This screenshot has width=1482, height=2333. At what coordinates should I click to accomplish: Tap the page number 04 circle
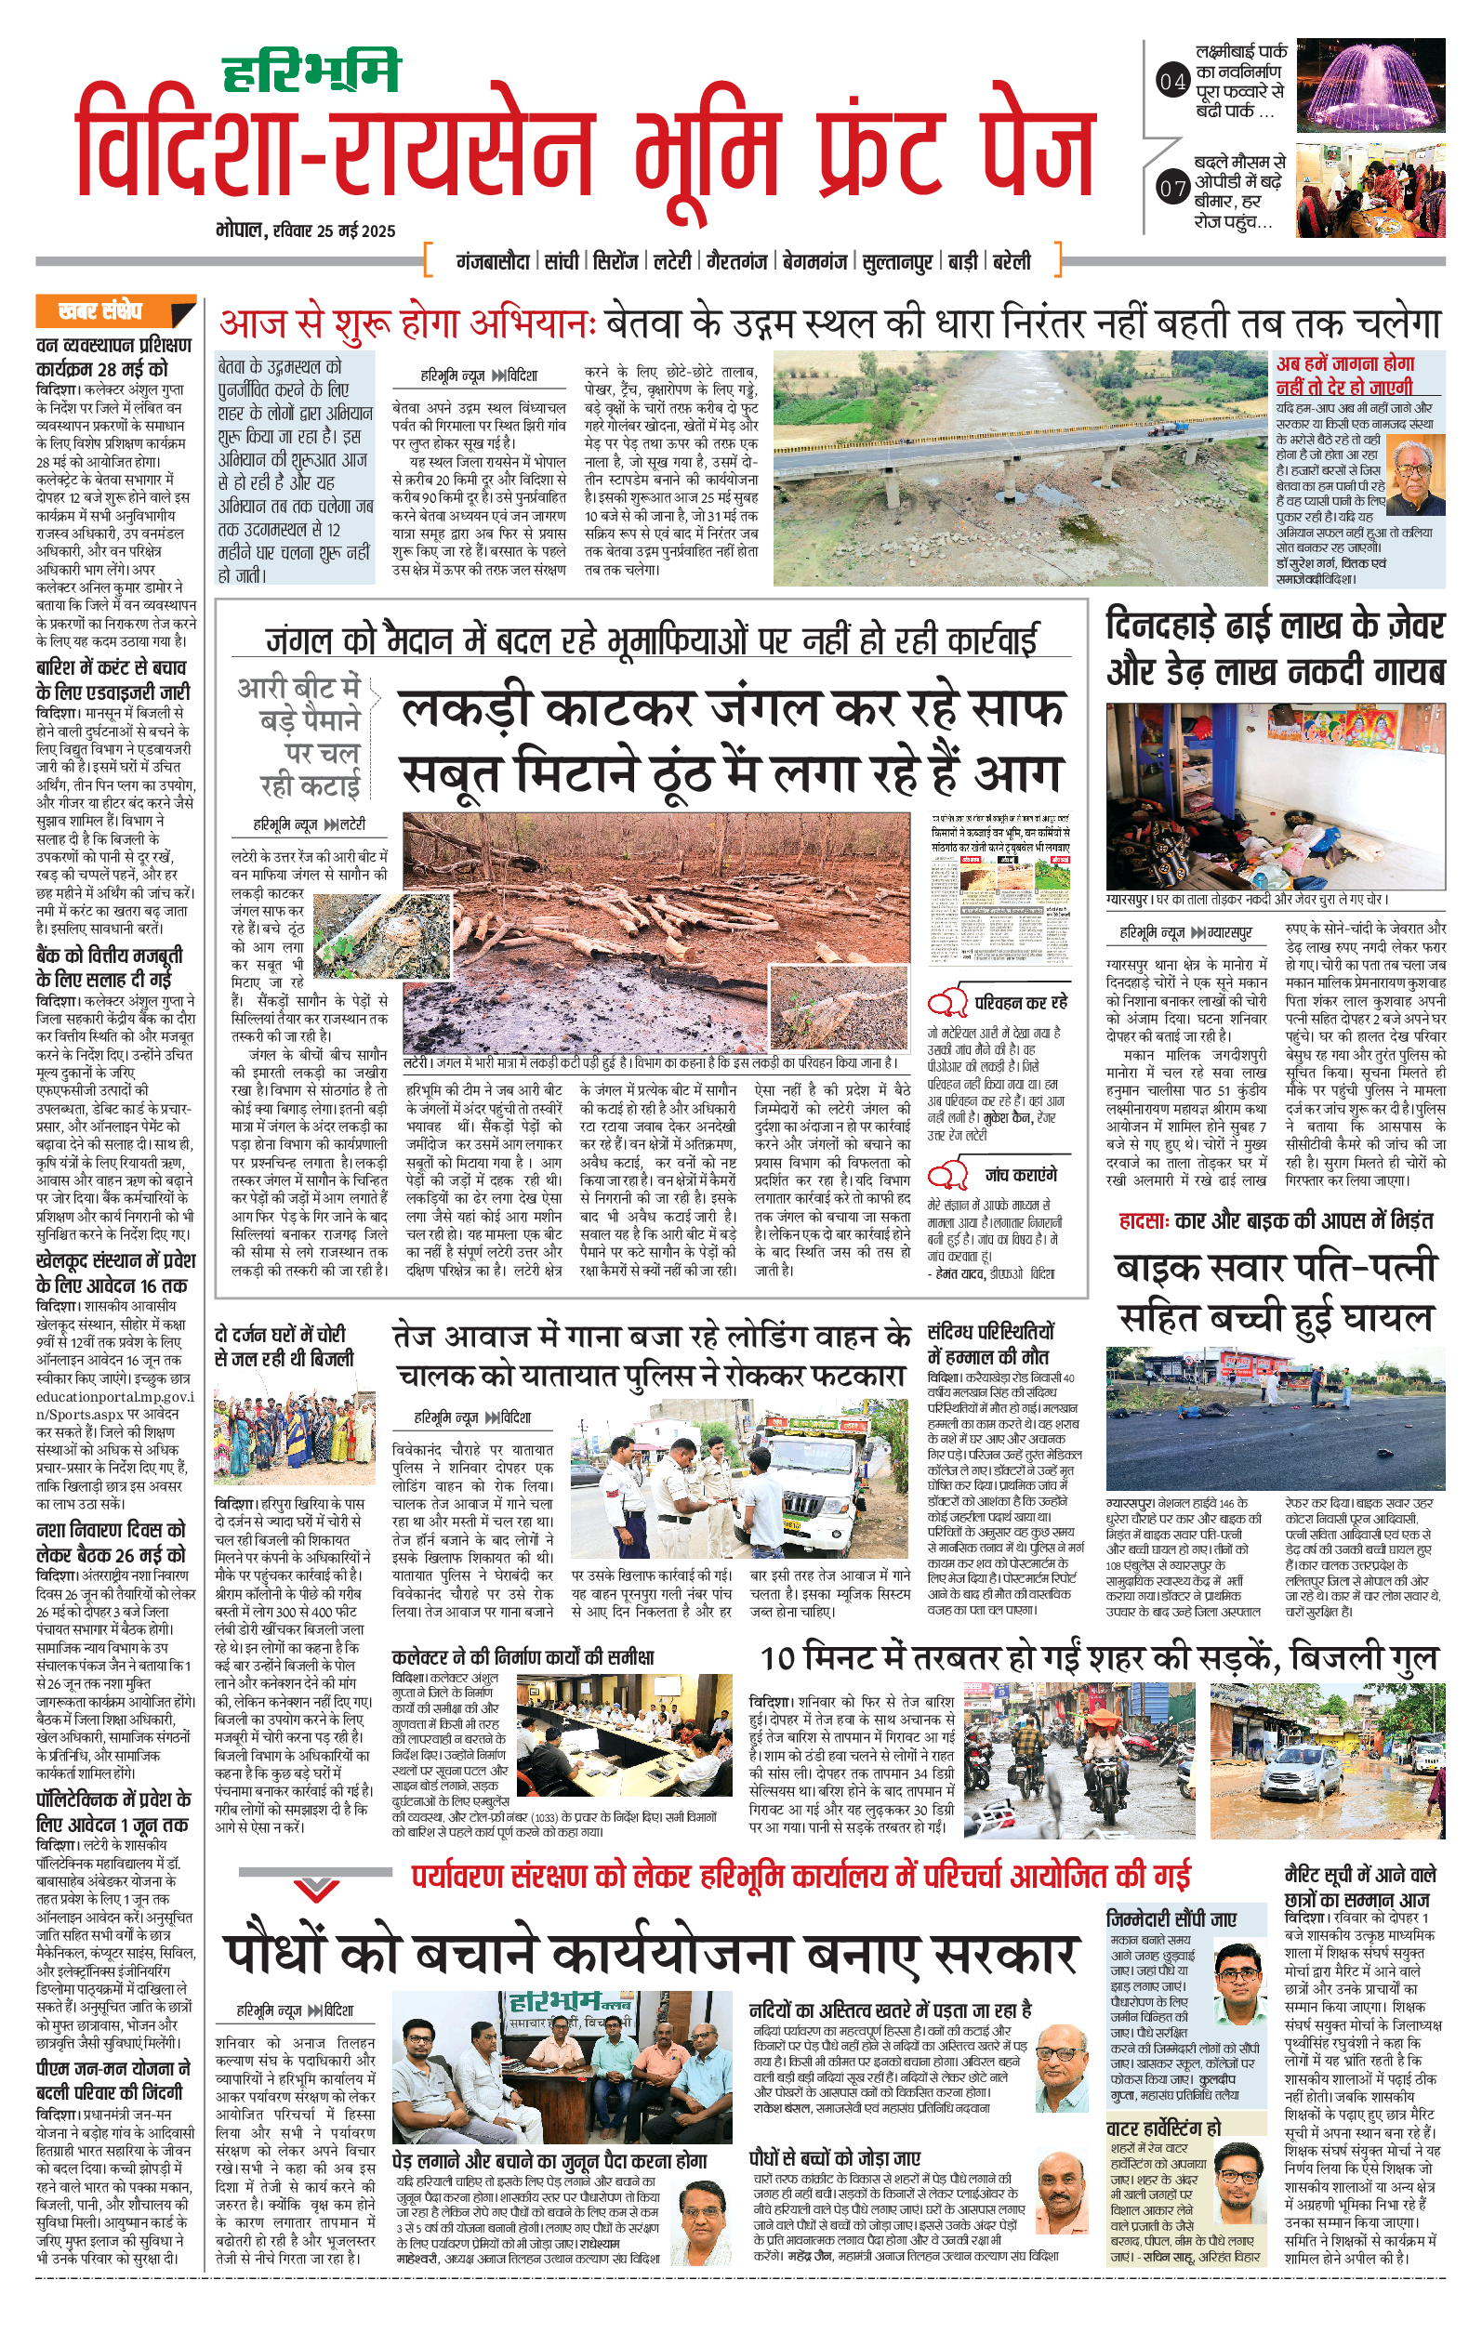tap(1172, 82)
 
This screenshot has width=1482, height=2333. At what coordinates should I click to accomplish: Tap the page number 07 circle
tap(1172, 187)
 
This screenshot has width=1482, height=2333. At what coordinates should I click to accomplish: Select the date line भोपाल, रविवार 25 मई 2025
tap(306, 231)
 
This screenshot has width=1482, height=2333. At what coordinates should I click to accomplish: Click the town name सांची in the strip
tap(562, 260)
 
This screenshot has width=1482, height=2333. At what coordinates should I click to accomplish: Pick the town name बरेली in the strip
tap(1012, 260)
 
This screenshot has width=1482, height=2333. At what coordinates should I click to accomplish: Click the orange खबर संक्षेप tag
tap(114, 311)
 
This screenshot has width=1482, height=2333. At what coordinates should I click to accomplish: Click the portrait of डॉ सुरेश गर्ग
tap(1415, 475)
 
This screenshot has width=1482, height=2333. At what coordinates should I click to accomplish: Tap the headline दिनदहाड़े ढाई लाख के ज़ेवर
tap(1275, 626)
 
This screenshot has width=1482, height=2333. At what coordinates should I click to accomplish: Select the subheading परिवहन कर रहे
tap(1021, 1002)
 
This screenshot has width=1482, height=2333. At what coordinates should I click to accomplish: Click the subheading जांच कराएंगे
tap(1021, 1175)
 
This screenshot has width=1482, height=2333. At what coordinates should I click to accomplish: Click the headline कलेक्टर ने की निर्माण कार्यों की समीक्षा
tap(523, 1657)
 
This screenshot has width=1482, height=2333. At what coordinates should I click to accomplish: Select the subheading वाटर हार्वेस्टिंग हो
tap(1163, 2128)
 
